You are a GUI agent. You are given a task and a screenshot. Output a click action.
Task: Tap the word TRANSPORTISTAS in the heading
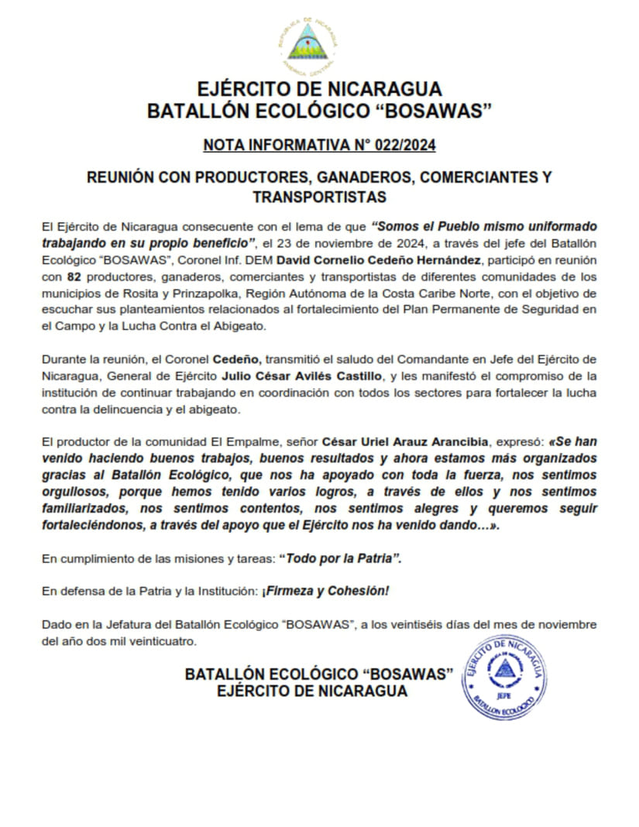319,197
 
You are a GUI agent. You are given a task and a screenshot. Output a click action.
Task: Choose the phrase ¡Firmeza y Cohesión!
325,591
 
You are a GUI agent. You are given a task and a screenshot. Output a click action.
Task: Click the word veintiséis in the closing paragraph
418,625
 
